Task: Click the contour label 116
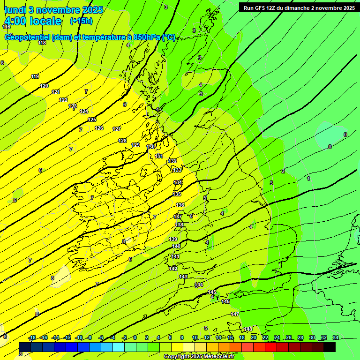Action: click(6, 27)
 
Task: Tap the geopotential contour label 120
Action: click(44, 86)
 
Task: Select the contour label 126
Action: click(99, 128)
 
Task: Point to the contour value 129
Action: click(135, 145)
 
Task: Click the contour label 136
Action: click(180, 205)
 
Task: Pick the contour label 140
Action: click(176, 246)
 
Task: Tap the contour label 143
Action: click(183, 277)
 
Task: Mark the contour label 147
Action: click(235, 314)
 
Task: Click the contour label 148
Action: click(248, 329)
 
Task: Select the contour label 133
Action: click(177, 170)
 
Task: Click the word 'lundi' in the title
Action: click(15, 10)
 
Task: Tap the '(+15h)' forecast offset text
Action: click(81, 21)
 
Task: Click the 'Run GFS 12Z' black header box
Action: click(299, 8)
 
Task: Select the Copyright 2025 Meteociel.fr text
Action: click(199, 356)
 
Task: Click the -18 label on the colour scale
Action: click(32, 337)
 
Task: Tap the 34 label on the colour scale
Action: click(336, 337)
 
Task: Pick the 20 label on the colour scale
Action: click(254, 337)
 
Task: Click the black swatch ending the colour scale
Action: click(330, 347)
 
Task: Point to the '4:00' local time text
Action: click(18, 21)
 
